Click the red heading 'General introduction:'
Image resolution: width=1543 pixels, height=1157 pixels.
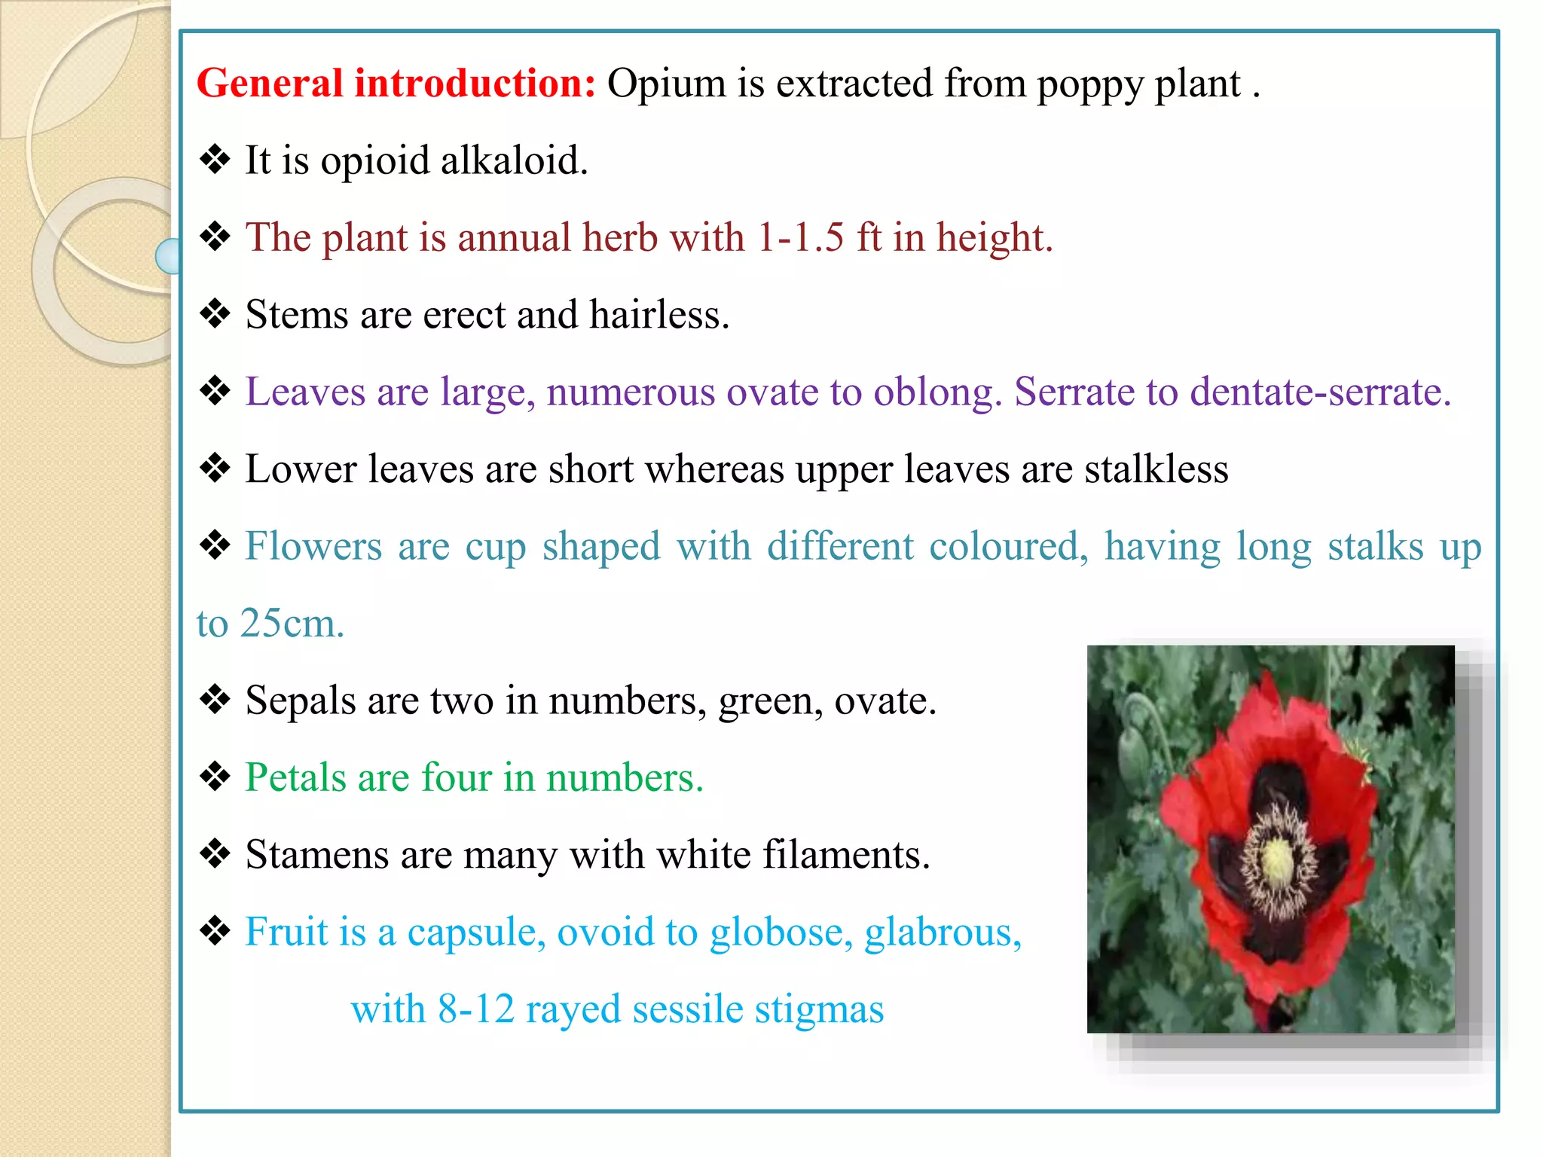click(396, 83)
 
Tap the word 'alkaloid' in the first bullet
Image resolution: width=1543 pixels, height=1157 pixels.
click(512, 160)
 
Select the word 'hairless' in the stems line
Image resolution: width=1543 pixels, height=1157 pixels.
click(658, 315)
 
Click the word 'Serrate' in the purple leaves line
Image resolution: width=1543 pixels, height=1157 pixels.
click(1074, 392)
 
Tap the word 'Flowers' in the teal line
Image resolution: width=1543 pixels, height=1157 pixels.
click(313, 546)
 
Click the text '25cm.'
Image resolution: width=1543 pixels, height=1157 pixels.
click(292, 624)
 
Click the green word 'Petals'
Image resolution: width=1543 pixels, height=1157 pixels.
click(295, 777)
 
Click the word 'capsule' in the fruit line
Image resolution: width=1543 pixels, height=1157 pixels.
click(476, 933)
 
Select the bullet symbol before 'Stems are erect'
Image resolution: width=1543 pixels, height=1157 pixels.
click(215, 314)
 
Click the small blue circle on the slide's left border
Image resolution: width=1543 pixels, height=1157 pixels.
click(167, 256)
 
